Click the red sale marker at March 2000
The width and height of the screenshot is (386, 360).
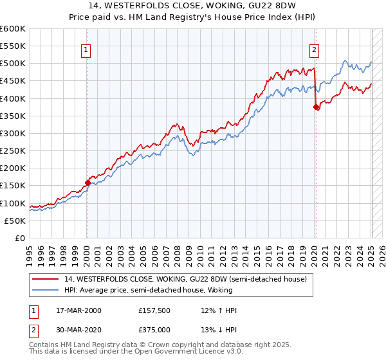tap(87, 183)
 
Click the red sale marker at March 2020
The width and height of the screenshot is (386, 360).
tap(316, 107)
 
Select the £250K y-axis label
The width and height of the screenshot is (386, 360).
tap(13, 150)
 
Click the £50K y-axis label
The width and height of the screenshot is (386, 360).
tap(15, 221)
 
